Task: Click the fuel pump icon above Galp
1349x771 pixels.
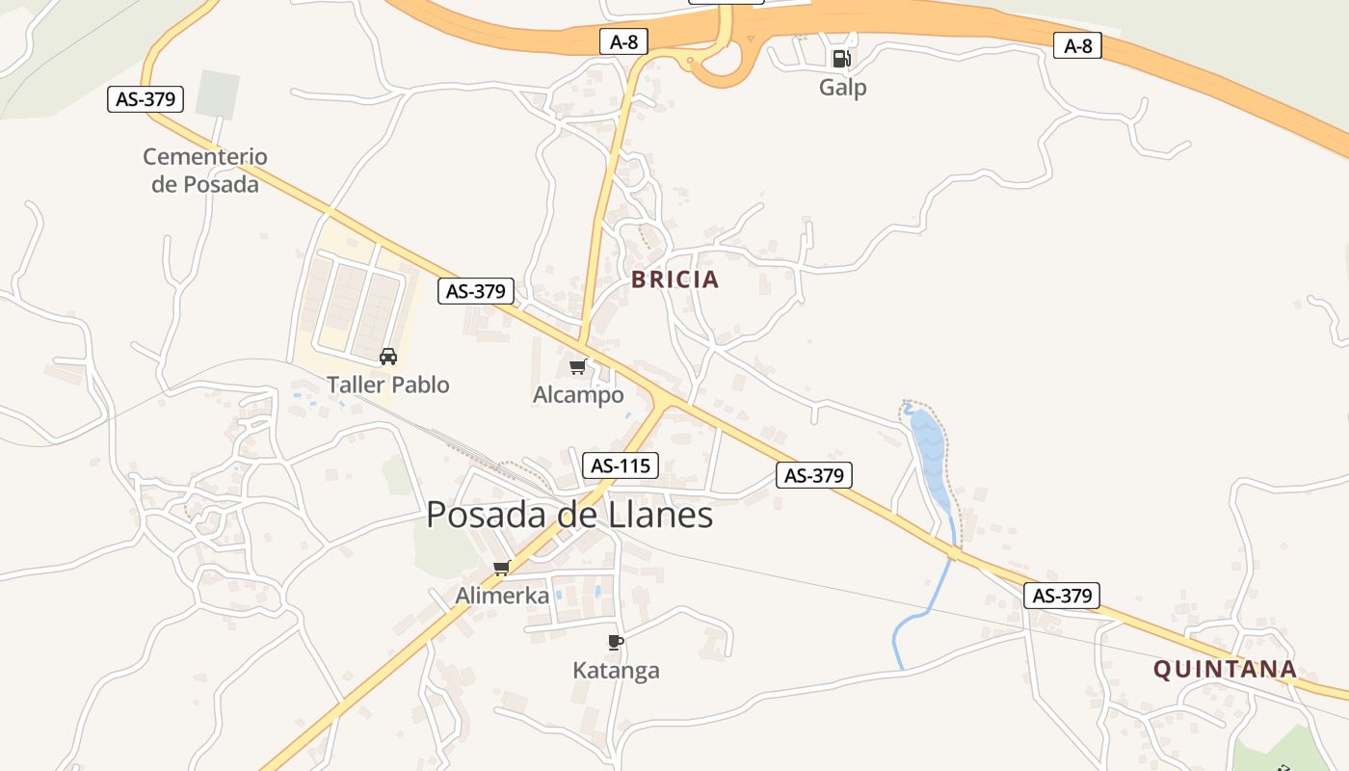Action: pos(841,59)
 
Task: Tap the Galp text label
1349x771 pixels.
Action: pos(843,88)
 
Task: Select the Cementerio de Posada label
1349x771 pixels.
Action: pos(205,170)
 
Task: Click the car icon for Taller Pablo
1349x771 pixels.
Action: pos(388,357)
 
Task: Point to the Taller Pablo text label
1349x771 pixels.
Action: pos(388,385)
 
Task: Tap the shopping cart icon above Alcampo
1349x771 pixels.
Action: pos(577,366)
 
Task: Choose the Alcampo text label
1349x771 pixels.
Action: pos(578,395)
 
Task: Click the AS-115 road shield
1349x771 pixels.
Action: pos(621,466)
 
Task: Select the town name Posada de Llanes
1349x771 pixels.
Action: pos(569,516)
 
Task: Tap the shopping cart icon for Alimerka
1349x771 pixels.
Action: pos(501,568)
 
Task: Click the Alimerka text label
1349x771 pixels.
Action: pos(502,597)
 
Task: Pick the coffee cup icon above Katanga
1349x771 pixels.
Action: pos(616,642)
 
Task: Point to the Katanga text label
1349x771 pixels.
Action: pos(616,671)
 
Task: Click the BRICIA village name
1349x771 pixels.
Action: pos(674,280)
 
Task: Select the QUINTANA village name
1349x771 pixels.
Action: pos(1225,670)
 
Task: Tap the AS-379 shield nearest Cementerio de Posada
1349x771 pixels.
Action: pos(145,98)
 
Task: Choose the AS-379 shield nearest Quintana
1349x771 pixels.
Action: pos(1062,596)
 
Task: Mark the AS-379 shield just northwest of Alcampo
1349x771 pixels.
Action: pos(476,291)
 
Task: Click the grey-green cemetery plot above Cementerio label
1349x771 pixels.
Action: pos(217,93)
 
